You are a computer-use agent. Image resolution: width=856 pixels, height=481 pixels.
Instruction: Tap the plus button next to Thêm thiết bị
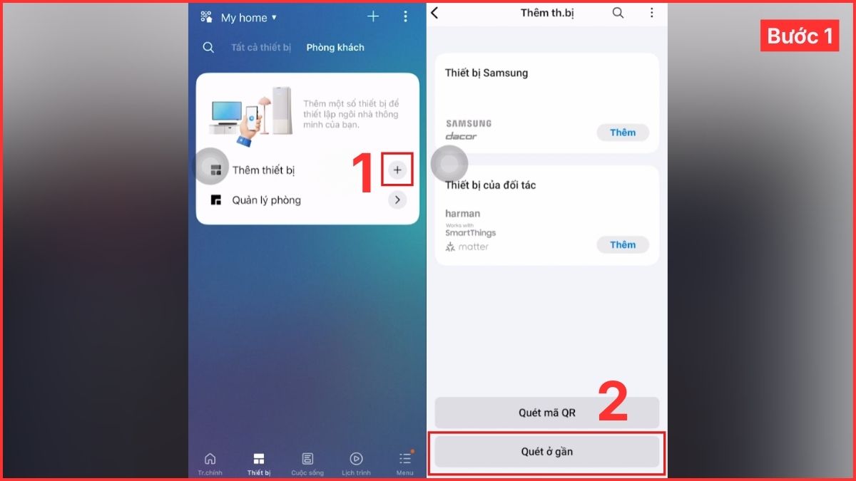coord(397,170)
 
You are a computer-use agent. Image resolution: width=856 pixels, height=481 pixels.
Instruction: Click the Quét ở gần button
coord(546,452)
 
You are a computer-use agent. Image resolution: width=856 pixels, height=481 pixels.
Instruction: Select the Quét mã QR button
coord(546,413)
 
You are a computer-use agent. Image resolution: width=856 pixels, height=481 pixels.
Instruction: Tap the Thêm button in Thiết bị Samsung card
coord(622,133)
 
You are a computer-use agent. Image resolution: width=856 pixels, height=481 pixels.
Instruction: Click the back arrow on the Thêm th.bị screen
coord(435,13)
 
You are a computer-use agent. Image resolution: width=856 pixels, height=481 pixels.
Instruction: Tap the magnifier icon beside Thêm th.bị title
coord(618,13)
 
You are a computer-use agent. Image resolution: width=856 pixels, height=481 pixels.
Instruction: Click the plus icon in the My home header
coord(373,16)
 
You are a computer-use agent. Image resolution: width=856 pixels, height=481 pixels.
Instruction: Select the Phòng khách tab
coord(335,48)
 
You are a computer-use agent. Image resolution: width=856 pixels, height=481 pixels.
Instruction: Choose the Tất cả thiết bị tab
coord(261,48)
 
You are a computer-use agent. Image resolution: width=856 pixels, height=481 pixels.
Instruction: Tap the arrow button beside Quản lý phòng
coord(397,200)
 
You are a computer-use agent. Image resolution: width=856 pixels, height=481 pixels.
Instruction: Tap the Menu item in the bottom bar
coord(404,462)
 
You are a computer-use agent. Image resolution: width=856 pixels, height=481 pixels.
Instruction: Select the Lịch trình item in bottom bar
coord(356,462)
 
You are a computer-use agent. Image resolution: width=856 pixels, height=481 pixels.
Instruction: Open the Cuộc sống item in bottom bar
coord(307,462)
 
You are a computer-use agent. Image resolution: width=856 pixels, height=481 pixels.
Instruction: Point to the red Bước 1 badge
coord(799,36)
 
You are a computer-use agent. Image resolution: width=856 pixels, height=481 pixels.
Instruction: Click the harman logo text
coord(462,214)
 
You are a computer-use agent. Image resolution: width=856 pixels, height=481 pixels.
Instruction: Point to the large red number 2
coord(612,403)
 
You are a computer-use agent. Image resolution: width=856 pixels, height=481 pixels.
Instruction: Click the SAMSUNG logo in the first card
coord(469,123)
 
